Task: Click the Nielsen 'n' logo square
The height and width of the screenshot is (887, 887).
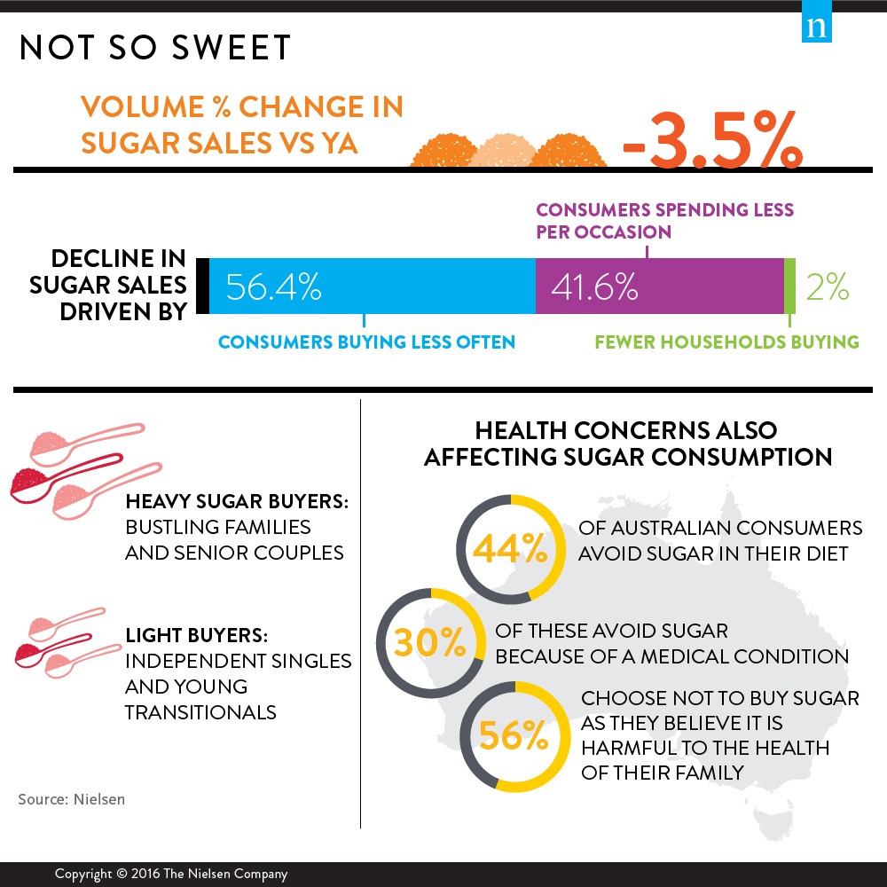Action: (x=816, y=27)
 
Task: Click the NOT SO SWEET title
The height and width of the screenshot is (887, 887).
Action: (x=155, y=49)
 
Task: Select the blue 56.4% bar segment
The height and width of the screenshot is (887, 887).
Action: (x=373, y=287)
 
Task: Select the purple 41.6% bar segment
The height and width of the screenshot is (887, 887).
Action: (x=660, y=287)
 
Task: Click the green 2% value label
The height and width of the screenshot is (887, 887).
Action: (x=828, y=287)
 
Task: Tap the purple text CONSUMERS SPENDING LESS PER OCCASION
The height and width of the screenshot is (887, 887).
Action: (x=664, y=221)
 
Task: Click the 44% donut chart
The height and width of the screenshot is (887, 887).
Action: (x=511, y=551)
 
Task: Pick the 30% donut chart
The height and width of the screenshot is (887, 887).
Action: (x=430, y=642)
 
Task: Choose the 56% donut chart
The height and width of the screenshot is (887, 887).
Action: (x=512, y=734)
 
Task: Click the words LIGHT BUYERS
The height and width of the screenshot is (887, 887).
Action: (x=196, y=636)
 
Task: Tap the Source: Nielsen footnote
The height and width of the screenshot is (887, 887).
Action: (x=72, y=799)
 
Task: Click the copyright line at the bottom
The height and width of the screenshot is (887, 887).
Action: (x=171, y=874)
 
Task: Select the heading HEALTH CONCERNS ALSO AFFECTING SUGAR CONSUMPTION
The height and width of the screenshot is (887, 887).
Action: (x=627, y=443)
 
